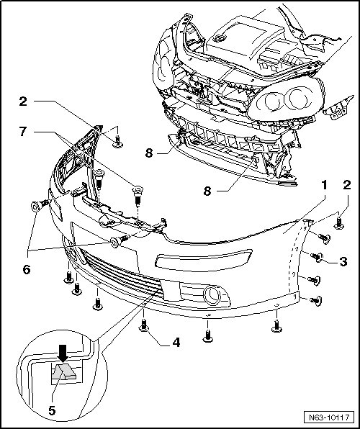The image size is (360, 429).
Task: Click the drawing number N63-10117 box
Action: point(329,417)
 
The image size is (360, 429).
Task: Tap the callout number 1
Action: point(325,185)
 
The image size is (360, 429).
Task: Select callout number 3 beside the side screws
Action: point(343,261)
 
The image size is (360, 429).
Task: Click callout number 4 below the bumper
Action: point(176,343)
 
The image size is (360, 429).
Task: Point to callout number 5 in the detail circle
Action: point(52,410)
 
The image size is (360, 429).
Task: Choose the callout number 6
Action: point(27,270)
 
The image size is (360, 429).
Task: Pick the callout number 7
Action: point(23,132)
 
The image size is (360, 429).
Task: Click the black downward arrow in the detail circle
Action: point(63,353)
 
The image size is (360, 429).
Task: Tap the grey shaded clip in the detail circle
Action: point(63,371)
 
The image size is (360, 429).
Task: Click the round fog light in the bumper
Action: point(212,296)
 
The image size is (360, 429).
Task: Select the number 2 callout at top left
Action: point(23,101)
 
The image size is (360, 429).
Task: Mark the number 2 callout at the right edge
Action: point(347,185)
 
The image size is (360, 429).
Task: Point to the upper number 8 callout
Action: point(148,153)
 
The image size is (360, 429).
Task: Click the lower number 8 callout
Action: point(207,191)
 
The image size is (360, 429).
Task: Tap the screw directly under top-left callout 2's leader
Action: point(117,142)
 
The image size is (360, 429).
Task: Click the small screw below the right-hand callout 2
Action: point(339,223)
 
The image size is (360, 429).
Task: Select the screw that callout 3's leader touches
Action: point(317,257)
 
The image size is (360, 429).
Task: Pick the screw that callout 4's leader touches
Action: point(144,326)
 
